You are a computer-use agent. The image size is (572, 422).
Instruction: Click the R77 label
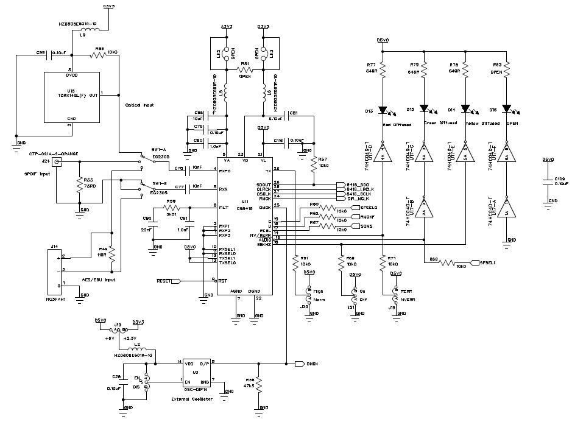click(370, 64)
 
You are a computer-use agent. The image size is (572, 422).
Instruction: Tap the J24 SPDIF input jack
click(57, 162)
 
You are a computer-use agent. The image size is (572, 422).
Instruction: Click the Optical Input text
click(139, 105)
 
